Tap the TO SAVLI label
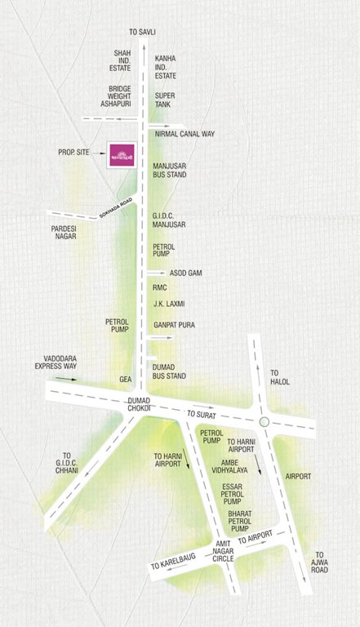click(142, 31)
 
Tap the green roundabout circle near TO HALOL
click(264, 421)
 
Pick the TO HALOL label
click(280, 376)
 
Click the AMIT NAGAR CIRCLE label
click(224, 553)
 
